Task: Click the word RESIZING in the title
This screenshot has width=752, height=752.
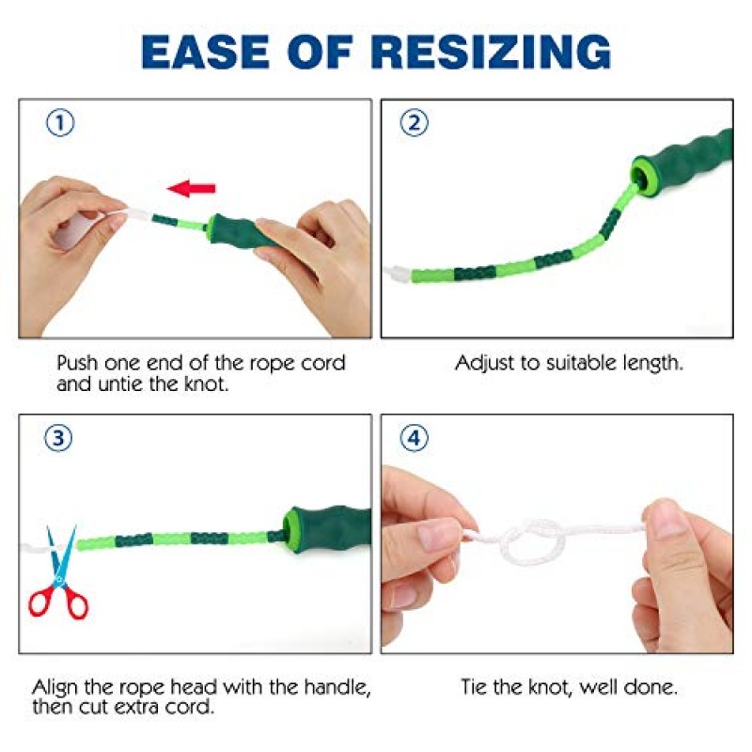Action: (491, 52)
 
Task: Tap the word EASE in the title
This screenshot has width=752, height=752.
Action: (205, 52)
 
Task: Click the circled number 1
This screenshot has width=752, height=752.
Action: (60, 123)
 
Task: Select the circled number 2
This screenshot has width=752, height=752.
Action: (414, 122)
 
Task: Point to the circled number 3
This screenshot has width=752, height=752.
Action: (58, 438)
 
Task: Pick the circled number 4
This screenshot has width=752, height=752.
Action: (414, 438)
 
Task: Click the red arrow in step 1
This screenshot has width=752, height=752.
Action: (192, 188)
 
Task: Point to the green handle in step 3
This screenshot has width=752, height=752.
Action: (327, 529)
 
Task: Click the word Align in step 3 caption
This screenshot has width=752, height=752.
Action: (55, 688)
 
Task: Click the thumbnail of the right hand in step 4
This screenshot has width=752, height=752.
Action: (666, 518)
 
